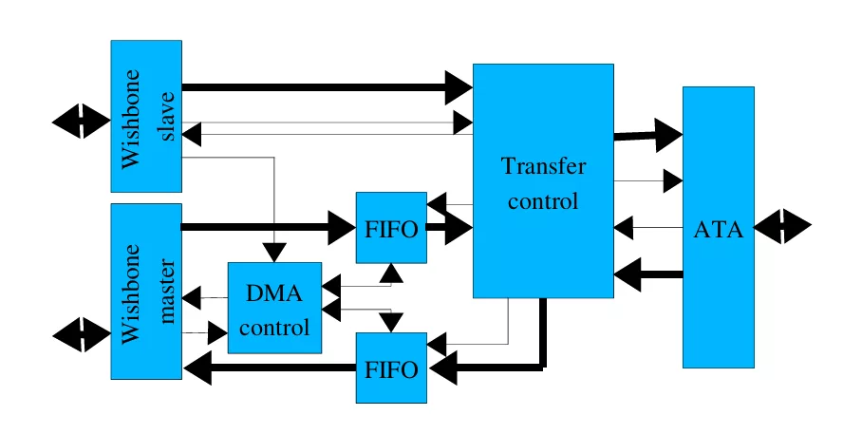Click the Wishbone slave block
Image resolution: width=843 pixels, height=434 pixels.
[x=146, y=116]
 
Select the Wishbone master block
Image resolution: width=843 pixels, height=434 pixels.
[x=146, y=291]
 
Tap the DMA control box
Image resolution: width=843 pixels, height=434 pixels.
[x=274, y=309]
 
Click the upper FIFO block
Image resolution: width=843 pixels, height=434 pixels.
[x=391, y=228]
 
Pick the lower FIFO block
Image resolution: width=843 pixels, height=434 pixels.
[x=391, y=368]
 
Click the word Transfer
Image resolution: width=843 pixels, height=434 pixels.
[x=543, y=167]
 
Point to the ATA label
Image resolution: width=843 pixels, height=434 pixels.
[x=718, y=229]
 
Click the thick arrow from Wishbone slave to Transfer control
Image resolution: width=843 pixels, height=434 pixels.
[x=323, y=88]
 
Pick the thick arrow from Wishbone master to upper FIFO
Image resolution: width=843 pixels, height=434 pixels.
[x=266, y=227]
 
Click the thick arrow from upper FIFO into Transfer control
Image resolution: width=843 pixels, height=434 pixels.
[x=450, y=228]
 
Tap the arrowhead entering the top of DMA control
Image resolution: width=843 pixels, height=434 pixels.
[x=274, y=252]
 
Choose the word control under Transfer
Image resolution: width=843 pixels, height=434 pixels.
[x=543, y=201]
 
